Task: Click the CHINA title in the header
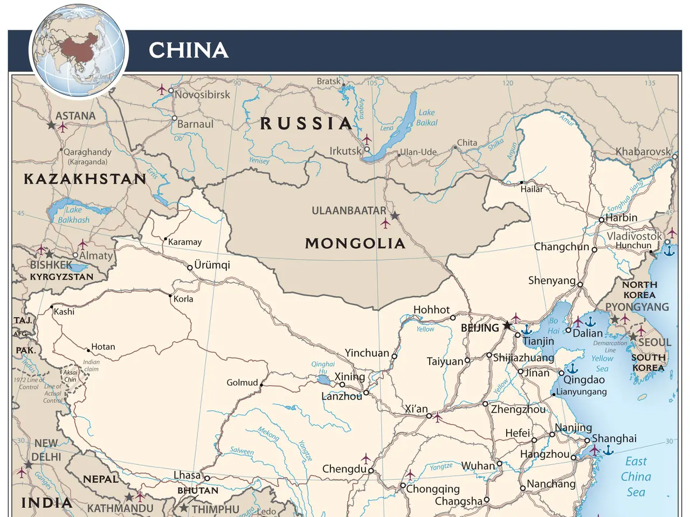pos(188,50)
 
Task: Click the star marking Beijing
pos(507,326)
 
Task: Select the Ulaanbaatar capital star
pos(395,216)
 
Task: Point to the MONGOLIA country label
pos(355,243)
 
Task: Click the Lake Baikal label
pos(426,117)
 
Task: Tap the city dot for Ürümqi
pos(190,267)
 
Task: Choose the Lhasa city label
pos(187,475)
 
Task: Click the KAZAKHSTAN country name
pos(85,179)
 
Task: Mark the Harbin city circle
pos(602,220)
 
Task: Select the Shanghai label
pos(614,438)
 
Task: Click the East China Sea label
pos(636,477)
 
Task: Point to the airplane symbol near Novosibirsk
pos(162,89)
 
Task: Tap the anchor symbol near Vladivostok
pos(669,250)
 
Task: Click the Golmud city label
pos(242,382)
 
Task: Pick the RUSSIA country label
pos(306,123)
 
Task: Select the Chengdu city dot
pos(371,471)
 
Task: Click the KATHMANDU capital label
pos(120,508)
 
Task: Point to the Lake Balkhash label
pos(74,214)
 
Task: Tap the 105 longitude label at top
pos(372,83)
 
